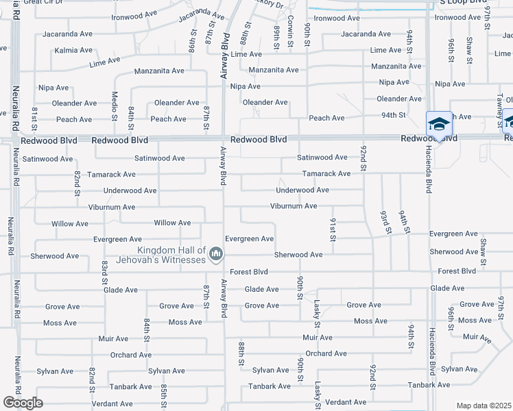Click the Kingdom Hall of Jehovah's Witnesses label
(171, 255)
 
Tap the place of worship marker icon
(216, 255)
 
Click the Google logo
(23, 403)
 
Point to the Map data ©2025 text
(484, 406)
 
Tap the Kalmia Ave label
(73, 50)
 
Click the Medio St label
(115, 103)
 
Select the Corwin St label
(290, 31)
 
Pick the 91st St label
(332, 229)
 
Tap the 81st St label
(34, 118)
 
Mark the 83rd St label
(104, 272)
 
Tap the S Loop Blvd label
(461, 2)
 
